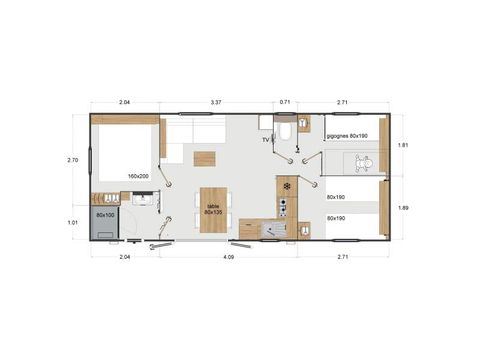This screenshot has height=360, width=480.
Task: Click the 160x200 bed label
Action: [139, 176]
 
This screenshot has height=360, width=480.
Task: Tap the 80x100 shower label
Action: [105, 215]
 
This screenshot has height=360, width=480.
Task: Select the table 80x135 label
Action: [212, 210]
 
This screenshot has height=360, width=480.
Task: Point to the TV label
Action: [265, 141]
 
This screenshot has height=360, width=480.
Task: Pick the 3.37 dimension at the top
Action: [216, 102]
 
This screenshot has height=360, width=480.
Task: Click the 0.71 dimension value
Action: [285, 102]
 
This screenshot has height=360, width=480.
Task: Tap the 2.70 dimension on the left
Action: [72, 160]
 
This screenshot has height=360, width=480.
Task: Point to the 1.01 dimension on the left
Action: [72, 222]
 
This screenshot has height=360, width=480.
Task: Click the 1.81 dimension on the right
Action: [403, 146]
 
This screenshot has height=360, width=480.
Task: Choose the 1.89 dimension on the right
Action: [403, 208]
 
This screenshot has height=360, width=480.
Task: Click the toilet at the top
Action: [285, 130]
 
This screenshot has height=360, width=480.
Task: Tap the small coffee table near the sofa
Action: [204, 158]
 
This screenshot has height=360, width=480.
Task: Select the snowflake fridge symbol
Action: [287, 186]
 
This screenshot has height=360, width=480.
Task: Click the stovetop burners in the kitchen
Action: [283, 207]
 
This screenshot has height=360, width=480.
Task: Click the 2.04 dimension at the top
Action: [124, 102]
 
